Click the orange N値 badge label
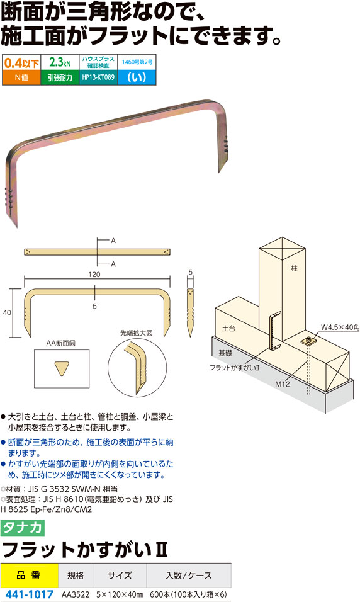pyautogui.click(x=21, y=77)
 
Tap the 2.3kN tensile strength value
pyautogui.click(x=60, y=62)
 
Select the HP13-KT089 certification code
pyautogui.click(x=98, y=77)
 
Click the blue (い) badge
pyautogui.click(x=137, y=77)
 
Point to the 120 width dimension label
pyautogui.click(x=94, y=275)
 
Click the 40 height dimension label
pyautogui.click(x=7, y=312)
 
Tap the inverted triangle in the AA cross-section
pyautogui.click(x=62, y=368)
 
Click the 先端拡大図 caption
pyautogui.click(x=136, y=333)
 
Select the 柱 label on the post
pyautogui.click(x=294, y=268)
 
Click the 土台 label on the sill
pyautogui.click(x=228, y=328)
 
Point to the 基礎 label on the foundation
pyautogui.click(x=225, y=353)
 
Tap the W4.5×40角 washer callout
pyautogui.click(x=340, y=327)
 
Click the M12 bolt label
pyautogui.click(x=283, y=383)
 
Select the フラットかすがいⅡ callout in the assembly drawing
pyautogui.click(x=235, y=367)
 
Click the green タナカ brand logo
pyautogui.click(x=23, y=528)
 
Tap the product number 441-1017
pyautogui.click(x=29, y=594)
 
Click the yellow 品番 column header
pyautogui.click(x=29, y=575)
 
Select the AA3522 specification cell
pyautogui.click(x=76, y=594)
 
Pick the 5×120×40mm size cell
pyautogui.click(x=120, y=594)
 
